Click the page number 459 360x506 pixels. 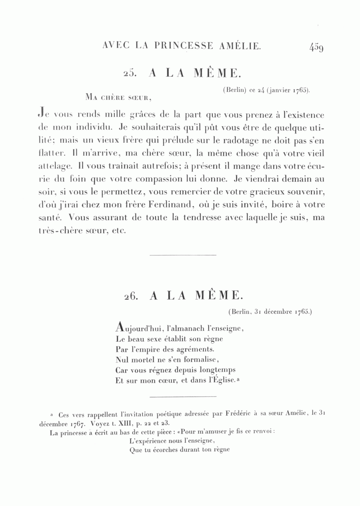(x=316, y=47)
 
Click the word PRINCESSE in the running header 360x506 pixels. (x=182, y=46)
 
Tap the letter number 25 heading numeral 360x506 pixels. (x=132, y=73)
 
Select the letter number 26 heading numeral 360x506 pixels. (x=132, y=295)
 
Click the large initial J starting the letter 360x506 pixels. (x=40, y=115)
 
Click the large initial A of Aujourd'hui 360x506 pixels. (x=120, y=327)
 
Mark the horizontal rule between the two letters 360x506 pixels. (x=182, y=255)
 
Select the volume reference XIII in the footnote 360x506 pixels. (x=116, y=423)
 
